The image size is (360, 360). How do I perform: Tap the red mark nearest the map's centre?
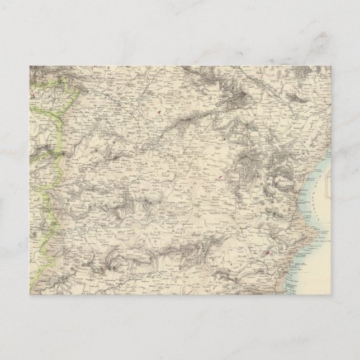point(220,178)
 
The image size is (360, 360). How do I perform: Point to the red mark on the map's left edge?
point(32,96)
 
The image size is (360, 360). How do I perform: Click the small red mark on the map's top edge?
point(96,67)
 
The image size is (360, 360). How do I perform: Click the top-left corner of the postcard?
point(29,66)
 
